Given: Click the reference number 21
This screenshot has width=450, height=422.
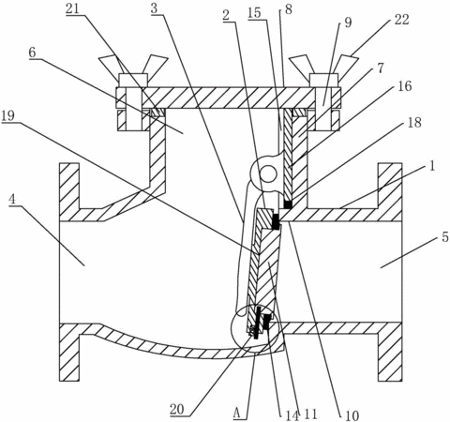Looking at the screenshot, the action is tap(72, 8).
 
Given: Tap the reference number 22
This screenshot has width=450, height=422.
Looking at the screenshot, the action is tap(401, 20).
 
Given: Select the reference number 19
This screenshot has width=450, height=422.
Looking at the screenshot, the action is tap(7, 116).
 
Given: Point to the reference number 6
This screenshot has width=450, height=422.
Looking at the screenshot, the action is tap(32, 53).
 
